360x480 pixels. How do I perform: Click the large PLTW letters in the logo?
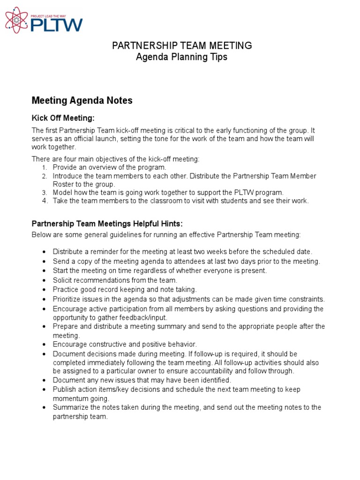(x=56, y=24)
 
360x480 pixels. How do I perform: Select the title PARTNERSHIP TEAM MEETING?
(x=181, y=45)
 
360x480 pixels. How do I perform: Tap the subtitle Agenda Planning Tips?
(x=181, y=57)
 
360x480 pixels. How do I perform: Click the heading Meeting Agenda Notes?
(x=82, y=100)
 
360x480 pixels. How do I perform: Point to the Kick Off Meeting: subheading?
(x=63, y=118)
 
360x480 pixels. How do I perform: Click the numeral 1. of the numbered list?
(x=44, y=167)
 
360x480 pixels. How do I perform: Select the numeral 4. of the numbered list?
(x=44, y=201)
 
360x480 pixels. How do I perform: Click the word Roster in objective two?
(x=63, y=184)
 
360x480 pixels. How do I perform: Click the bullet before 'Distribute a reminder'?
(x=44, y=252)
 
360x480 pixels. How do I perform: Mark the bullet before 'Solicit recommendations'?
(x=44, y=280)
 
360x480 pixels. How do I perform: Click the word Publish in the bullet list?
(x=64, y=390)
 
